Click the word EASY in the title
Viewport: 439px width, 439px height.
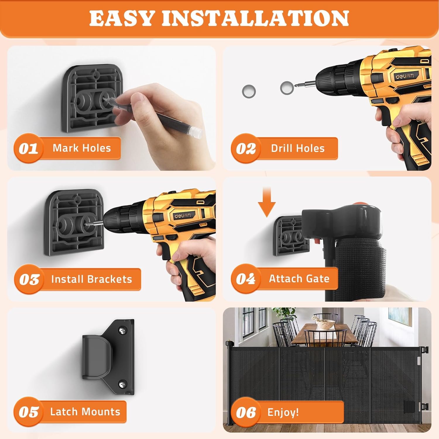click(x=122, y=18)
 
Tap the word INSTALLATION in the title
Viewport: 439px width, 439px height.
click(x=255, y=18)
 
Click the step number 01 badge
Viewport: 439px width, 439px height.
click(x=28, y=148)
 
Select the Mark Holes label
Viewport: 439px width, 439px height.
click(x=82, y=148)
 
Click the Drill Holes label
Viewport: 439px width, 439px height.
click(x=298, y=148)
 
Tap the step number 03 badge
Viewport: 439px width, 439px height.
click(x=29, y=279)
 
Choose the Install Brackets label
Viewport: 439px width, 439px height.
click(x=91, y=279)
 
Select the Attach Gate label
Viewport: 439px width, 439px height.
click(x=299, y=279)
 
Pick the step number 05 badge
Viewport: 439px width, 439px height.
click(x=29, y=412)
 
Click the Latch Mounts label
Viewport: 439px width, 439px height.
click(x=85, y=412)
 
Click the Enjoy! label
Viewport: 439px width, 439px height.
click(x=283, y=412)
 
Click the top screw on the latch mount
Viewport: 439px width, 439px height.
click(x=123, y=331)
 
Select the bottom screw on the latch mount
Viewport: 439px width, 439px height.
click(x=122, y=384)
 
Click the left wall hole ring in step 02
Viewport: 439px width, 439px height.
click(x=249, y=91)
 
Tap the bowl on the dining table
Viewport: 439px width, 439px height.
click(x=325, y=324)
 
